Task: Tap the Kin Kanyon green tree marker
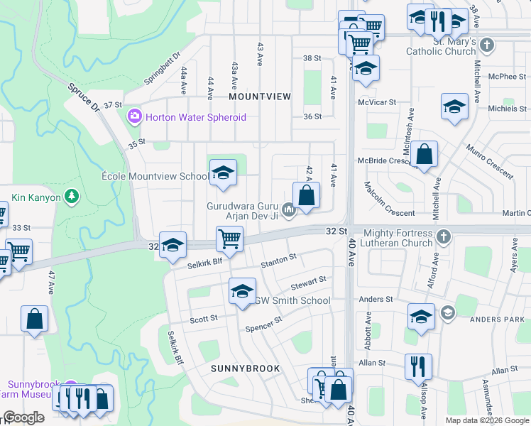point(71,195)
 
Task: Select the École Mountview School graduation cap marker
point(223,173)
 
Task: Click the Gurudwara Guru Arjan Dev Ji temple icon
point(288,209)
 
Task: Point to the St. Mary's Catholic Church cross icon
point(486,46)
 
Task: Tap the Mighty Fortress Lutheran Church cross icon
point(444,236)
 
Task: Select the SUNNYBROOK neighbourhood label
point(245,368)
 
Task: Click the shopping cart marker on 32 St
point(229,239)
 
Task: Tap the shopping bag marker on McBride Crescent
point(424,154)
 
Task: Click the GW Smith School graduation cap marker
point(241,291)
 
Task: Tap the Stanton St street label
point(278,261)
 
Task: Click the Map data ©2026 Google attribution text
point(486,420)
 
